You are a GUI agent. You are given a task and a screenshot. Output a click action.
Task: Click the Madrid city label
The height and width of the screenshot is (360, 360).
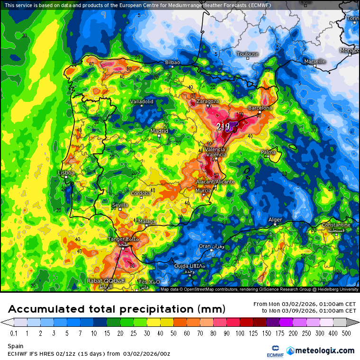[x=159, y=131]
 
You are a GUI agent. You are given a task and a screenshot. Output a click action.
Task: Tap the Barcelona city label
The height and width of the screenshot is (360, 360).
[x=260, y=108]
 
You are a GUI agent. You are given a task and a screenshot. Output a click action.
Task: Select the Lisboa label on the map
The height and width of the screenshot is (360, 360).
[x=66, y=173]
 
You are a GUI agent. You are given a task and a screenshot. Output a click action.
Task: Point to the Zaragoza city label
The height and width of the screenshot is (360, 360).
[x=207, y=101]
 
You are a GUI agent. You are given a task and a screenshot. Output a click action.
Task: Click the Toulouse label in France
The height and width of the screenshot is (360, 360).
[x=247, y=54]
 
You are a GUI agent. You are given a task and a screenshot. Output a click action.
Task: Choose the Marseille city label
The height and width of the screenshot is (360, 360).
[x=315, y=62]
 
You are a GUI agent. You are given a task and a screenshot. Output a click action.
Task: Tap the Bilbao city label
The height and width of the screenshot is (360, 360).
[x=172, y=63]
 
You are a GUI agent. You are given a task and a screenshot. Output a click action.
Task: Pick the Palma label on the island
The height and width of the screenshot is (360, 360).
[x=268, y=152]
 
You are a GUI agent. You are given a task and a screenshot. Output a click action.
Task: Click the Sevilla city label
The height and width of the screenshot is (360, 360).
[x=120, y=205]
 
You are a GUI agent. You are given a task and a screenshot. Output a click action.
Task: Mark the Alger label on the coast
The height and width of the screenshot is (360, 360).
[x=275, y=220]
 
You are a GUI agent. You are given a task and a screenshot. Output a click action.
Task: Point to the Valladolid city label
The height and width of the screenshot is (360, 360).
[x=142, y=101]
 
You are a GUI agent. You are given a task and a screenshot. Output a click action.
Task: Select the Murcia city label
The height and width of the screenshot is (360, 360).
[x=203, y=190]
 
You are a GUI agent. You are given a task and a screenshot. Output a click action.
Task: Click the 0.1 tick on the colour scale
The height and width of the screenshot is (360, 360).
[x=14, y=333]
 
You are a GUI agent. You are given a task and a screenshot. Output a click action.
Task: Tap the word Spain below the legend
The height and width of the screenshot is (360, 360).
[x=15, y=346]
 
